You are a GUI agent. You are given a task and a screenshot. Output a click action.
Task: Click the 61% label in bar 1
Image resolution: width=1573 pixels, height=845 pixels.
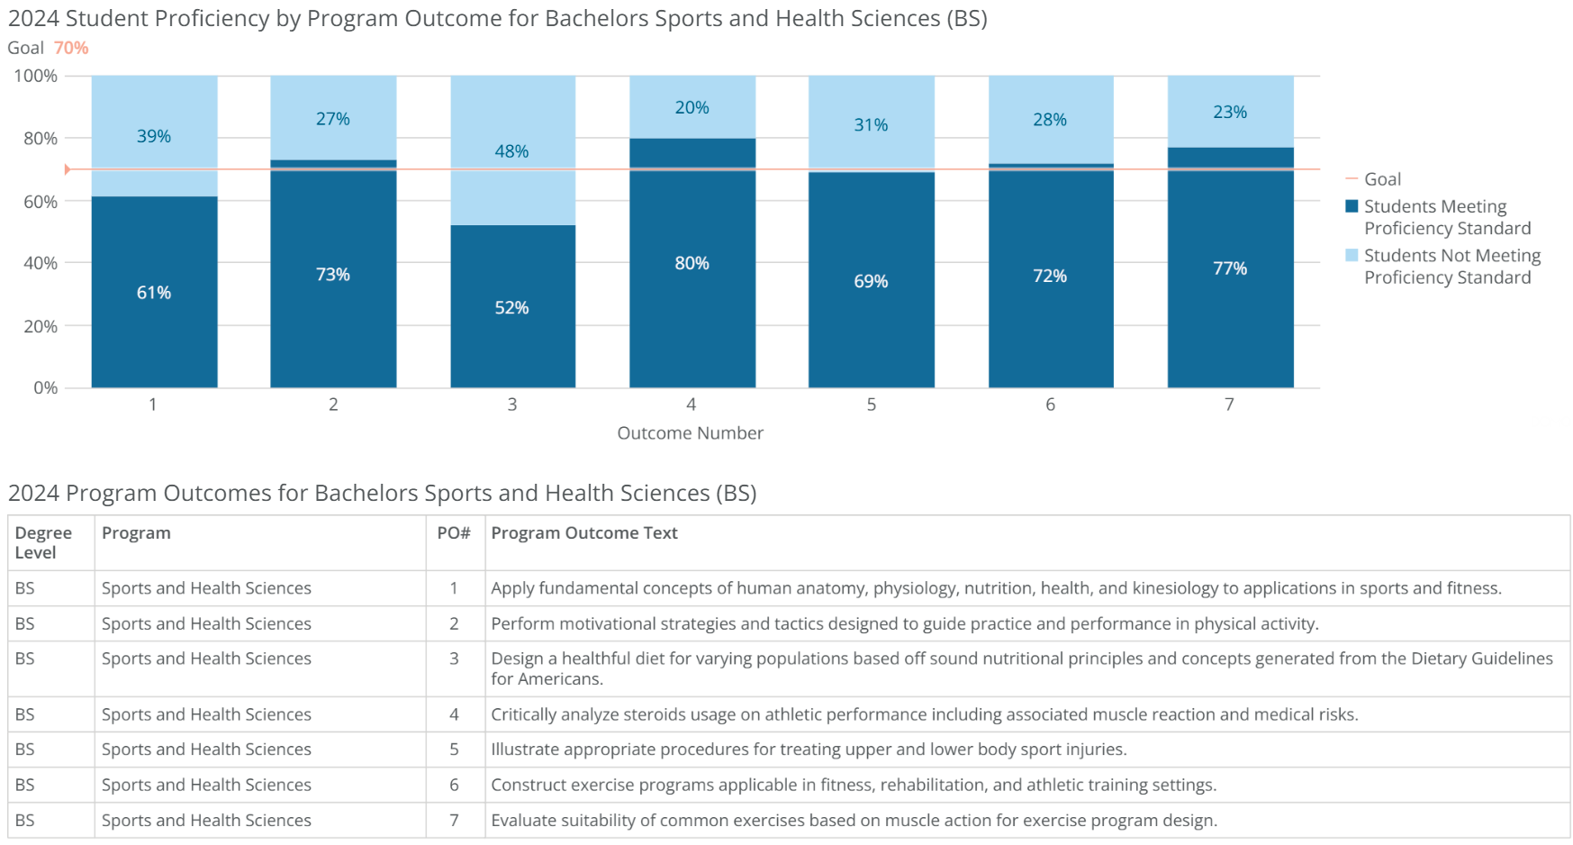click(153, 293)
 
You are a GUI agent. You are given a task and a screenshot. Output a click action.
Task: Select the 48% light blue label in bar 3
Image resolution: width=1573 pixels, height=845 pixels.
click(511, 151)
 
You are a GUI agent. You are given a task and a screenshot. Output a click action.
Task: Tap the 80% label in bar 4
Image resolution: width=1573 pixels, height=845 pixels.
click(692, 263)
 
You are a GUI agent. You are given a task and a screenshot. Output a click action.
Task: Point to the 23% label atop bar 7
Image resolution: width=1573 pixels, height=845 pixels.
click(1230, 112)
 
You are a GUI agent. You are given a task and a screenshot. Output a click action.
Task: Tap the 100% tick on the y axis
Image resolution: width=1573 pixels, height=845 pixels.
click(36, 76)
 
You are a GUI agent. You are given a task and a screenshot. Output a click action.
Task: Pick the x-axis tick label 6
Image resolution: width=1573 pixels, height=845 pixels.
click(1050, 404)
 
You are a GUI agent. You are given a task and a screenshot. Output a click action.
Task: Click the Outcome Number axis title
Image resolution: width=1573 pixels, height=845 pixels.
click(690, 433)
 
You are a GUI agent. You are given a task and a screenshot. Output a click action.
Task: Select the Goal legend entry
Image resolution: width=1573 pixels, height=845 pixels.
click(1381, 179)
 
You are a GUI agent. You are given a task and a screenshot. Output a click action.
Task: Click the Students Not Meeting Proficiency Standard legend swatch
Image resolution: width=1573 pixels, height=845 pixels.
click(1352, 256)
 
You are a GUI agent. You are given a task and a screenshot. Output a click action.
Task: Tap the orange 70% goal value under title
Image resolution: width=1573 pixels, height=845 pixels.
click(71, 48)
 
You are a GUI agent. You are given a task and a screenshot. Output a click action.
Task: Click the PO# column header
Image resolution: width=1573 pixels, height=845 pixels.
click(454, 533)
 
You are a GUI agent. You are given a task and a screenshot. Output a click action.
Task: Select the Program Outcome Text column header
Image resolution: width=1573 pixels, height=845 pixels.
click(583, 533)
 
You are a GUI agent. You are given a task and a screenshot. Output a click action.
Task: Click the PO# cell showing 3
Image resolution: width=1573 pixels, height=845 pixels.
click(454, 659)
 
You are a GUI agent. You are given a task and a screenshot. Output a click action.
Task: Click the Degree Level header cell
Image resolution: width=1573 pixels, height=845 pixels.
click(43, 542)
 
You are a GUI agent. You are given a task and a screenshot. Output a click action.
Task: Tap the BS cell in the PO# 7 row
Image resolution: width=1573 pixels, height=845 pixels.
click(25, 820)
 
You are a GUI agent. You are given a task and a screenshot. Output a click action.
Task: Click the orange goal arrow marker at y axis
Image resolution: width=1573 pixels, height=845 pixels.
click(68, 169)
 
